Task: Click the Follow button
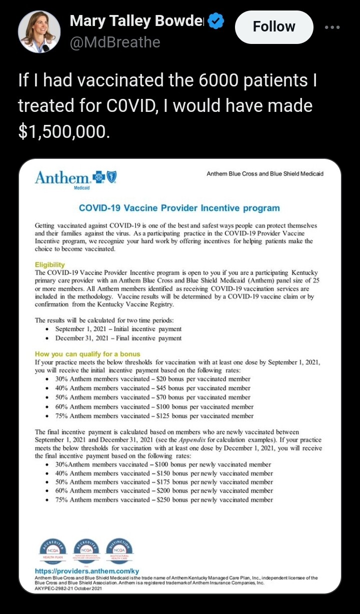pyautogui.click(x=274, y=26)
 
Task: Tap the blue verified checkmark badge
pyautogui.click(x=216, y=21)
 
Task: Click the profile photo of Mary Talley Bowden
pyautogui.click(x=39, y=31)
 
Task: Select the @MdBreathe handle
pyautogui.click(x=115, y=42)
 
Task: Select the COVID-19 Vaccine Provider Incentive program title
pyautogui.click(x=179, y=208)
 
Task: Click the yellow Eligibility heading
pyautogui.click(x=50, y=264)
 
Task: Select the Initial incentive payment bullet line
pyautogui.click(x=118, y=329)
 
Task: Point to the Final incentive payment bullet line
pyautogui.click(x=118, y=338)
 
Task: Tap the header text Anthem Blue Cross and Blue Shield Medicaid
pyautogui.click(x=264, y=174)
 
